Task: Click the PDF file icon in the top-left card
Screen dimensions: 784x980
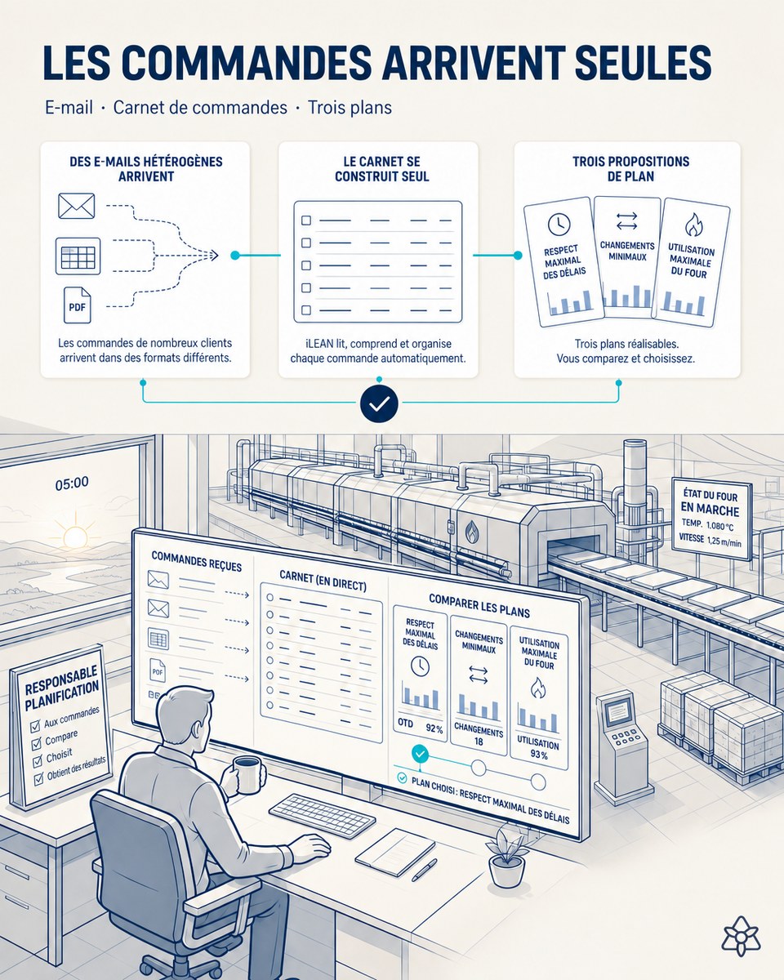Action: pos(77,305)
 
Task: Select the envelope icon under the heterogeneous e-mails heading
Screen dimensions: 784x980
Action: pos(77,206)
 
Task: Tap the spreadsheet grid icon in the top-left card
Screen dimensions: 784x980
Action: pos(78,256)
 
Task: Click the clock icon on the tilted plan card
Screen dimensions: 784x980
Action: pos(559,224)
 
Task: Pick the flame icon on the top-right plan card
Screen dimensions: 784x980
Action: pos(694,225)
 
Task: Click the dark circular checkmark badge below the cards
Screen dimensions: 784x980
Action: pos(379,404)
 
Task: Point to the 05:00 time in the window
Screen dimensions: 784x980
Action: pos(72,483)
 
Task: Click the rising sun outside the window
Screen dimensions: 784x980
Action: pos(75,535)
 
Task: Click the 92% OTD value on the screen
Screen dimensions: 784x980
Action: pos(434,728)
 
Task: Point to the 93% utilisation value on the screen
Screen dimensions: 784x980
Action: pos(539,755)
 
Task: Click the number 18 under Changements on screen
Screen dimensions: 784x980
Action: pos(479,742)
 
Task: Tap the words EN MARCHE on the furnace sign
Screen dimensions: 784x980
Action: pos(710,509)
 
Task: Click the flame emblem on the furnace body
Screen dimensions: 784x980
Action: pos(472,532)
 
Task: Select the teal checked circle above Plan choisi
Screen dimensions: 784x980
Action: pos(420,754)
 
